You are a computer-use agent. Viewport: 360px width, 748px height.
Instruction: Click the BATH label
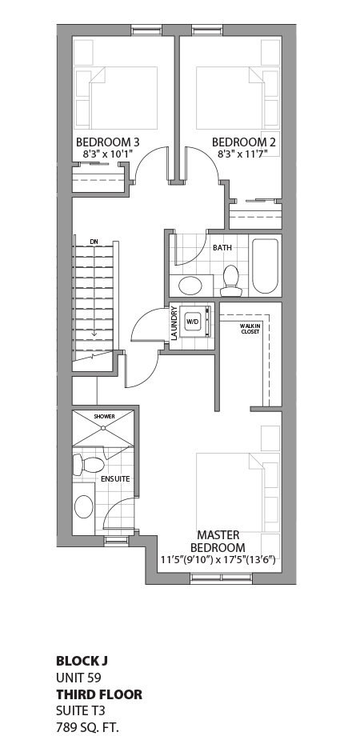tap(222, 248)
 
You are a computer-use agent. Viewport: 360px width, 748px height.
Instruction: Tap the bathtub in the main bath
tap(265, 266)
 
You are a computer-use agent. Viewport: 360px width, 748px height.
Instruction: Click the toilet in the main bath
tap(231, 277)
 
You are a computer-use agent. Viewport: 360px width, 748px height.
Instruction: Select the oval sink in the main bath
tap(190, 286)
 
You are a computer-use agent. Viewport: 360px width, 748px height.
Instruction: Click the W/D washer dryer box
tap(193, 322)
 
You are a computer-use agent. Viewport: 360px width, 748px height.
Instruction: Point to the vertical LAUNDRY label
tap(174, 325)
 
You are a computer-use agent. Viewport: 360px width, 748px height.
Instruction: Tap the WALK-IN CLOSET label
tap(250, 328)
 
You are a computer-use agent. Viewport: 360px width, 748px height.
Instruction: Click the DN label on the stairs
tap(94, 241)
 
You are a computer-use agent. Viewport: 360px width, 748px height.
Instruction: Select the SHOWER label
tap(104, 417)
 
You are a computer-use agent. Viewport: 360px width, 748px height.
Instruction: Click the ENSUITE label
tap(115, 479)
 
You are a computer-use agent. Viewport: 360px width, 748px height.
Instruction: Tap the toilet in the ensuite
tap(90, 464)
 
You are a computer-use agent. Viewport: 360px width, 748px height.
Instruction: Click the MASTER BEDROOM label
tap(217, 540)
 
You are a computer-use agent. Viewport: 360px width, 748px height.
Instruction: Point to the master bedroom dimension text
tap(218, 559)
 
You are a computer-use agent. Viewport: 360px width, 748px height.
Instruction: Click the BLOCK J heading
tap(82, 661)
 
